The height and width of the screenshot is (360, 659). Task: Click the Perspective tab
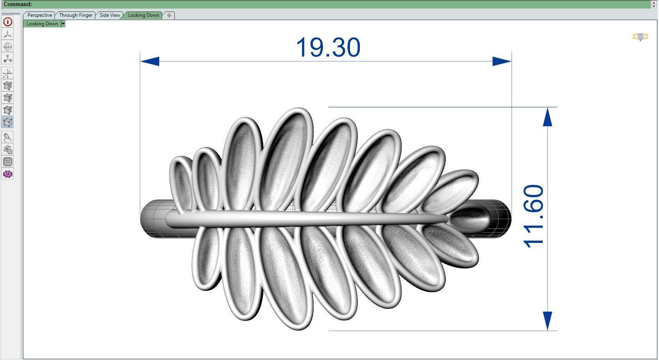[x=39, y=15]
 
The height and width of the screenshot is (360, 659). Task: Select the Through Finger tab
[x=76, y=15]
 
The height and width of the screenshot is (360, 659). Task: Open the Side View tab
[x=110, y=15]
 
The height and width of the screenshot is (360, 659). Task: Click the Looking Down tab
[x=143, y=15]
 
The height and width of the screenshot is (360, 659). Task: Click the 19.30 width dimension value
[x=328, y=48]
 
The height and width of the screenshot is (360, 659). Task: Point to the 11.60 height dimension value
[x=534, y=216]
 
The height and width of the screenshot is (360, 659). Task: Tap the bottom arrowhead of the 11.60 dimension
[x=548, y=321]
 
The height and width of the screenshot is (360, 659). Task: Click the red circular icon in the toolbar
[x=7, y=22]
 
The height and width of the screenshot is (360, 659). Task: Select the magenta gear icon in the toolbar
[x=7, y=174]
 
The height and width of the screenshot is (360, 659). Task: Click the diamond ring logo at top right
[x=640, y=37]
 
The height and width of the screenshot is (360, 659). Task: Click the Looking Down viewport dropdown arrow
[x=63, y=24]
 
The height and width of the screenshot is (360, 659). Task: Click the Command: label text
[x=18, y=4]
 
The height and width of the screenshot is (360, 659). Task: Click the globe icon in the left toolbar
[x=7, y=46]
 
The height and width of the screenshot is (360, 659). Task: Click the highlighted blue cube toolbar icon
[x=7, y=122]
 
